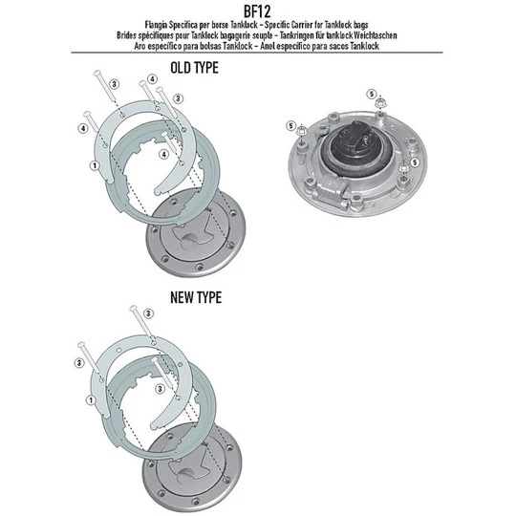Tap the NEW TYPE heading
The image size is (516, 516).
(x=195, y=297)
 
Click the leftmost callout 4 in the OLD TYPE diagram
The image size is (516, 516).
(x=83, y=127)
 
